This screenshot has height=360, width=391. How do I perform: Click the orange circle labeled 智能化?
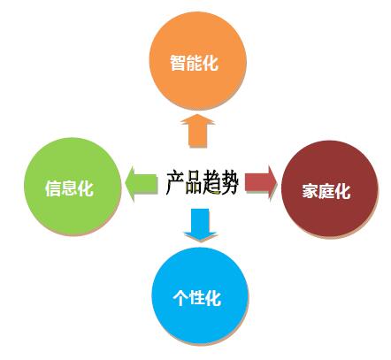tap(197, 61)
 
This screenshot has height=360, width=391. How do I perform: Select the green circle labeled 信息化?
tap(73, 187)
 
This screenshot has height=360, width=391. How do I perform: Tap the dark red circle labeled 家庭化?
tap(330, 188)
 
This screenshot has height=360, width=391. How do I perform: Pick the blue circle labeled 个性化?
tap(200, 295)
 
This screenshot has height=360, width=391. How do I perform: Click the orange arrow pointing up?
tap(197, 131)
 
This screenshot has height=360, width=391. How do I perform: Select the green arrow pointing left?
tap(141, 183)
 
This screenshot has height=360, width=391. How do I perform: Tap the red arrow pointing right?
tap(261, 183)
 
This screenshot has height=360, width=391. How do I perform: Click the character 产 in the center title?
tap(175, 183)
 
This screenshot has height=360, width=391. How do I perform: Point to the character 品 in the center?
tap(194, 183)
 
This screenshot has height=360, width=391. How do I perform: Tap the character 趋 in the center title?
tap(211, 183)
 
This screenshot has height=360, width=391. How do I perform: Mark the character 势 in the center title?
tap(229, 183)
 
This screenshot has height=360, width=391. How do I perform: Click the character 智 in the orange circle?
tap(178, 63)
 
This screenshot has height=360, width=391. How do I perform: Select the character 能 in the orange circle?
tap(194, 63)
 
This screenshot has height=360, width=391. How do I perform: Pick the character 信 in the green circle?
tap(53, 188)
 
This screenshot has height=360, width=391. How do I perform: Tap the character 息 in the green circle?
tap(69, 188)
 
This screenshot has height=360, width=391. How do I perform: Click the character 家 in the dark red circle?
tap(310, 191)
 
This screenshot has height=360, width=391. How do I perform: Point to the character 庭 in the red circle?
tap(326, 191)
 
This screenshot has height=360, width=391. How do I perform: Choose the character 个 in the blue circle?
tap(180, 298)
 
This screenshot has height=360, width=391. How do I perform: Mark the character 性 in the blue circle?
tap(196, 298)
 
